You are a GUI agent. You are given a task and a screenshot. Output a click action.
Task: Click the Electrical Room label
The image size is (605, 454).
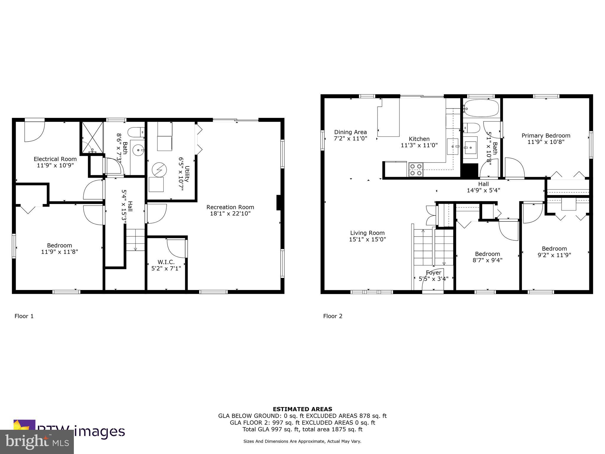pyautogui.click(x=55, y=159)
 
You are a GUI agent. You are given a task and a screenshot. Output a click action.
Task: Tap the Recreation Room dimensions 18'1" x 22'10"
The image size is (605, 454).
pyautogui.click(x=230, y=213)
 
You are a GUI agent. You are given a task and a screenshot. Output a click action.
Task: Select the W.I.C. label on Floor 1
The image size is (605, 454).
pyautogui.click(x=166, y=262)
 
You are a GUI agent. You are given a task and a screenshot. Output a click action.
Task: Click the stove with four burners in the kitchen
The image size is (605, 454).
pyautogui.click(x=416, y=170)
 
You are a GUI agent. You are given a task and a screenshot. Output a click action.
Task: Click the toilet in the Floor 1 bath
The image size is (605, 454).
pyautogui.click(x=136, y=132)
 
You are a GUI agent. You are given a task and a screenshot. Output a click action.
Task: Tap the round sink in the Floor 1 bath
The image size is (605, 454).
pyautogui.click(x=138, y=150)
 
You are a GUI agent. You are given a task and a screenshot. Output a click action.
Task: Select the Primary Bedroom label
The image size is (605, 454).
pyautogui.click(x=546, y=136)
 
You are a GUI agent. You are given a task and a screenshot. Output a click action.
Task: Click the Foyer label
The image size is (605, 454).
pyautogui.click(x=433, y=273)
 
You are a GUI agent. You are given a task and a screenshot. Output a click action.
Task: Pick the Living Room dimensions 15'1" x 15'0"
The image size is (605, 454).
pyautogui.click(x=367, y=239)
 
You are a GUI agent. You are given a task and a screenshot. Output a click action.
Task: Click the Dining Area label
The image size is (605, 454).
pyautogui.click(x=350, y=132)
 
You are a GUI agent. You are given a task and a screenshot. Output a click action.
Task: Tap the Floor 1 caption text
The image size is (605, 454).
pyautogui.click(x=24, y=316)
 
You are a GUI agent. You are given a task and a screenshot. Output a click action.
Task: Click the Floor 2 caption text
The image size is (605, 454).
pyautogui.click(x=333, y=316)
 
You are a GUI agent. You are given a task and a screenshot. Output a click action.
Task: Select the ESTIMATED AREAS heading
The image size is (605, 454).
pyautogui.click(x=302, y=409)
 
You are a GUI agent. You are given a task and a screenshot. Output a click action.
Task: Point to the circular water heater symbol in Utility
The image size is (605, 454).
pyautogui.click(x=159, y=170)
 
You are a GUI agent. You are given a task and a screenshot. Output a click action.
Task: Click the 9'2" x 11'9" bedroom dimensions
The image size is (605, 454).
pyautogui.click(x=554, y=255)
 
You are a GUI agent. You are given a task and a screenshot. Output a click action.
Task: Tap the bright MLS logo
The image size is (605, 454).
pyautogui.click(x=37, y=442)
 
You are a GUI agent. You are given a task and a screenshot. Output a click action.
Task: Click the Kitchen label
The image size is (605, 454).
pyautogui.click(x=419, y=139)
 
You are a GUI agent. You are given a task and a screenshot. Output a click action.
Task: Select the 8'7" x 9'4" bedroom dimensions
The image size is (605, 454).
pyautogui.click(x=487, y=260)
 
